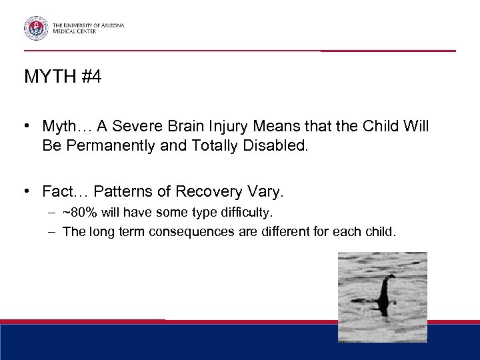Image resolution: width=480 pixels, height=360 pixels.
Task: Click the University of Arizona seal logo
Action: pos(36,28)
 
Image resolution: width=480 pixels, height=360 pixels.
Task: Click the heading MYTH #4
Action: pos(63,77)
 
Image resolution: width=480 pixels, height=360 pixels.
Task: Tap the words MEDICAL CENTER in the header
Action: pos(75,31)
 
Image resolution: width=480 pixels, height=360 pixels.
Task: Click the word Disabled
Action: pos(276,145)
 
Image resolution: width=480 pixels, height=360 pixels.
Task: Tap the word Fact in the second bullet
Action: pos(56,192)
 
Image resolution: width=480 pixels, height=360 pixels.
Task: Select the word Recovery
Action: pos(208,192)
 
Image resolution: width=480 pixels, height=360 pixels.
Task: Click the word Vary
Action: pos(265,192)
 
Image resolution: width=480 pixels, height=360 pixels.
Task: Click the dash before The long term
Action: pos(51,232)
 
